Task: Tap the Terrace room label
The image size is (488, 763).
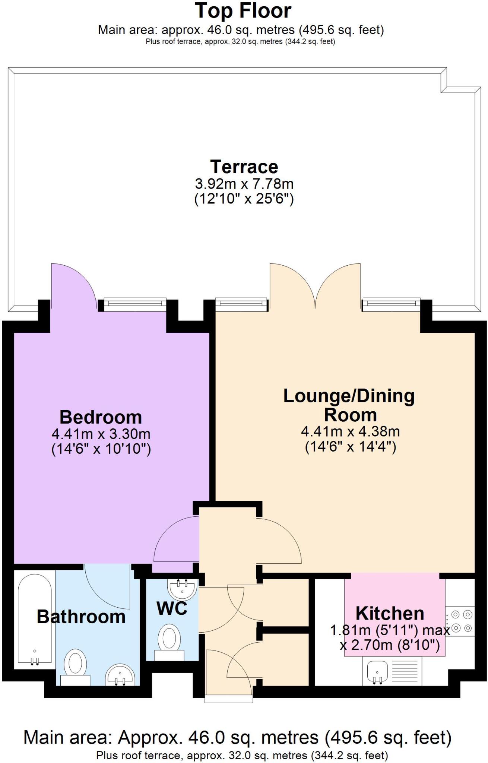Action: [244, 167]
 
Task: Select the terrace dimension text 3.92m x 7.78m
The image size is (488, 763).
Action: [244, 184]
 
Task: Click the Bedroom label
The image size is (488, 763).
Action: [101, 417]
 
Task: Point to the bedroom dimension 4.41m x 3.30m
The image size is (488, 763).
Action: [101, 434]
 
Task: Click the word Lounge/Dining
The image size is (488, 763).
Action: [349, 396]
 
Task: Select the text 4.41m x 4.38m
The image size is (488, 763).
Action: [350, 431]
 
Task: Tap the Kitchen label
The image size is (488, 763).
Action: [390, 613]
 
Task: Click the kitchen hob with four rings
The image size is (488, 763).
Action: [460, 621]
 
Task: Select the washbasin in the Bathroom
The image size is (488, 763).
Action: [120, 674]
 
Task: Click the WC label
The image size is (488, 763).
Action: [172, 609]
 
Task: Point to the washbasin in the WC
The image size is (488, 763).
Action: [182, 588]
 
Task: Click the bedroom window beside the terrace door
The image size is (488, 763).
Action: [134, 304]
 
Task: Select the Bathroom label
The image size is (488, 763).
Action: [81, 617]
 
